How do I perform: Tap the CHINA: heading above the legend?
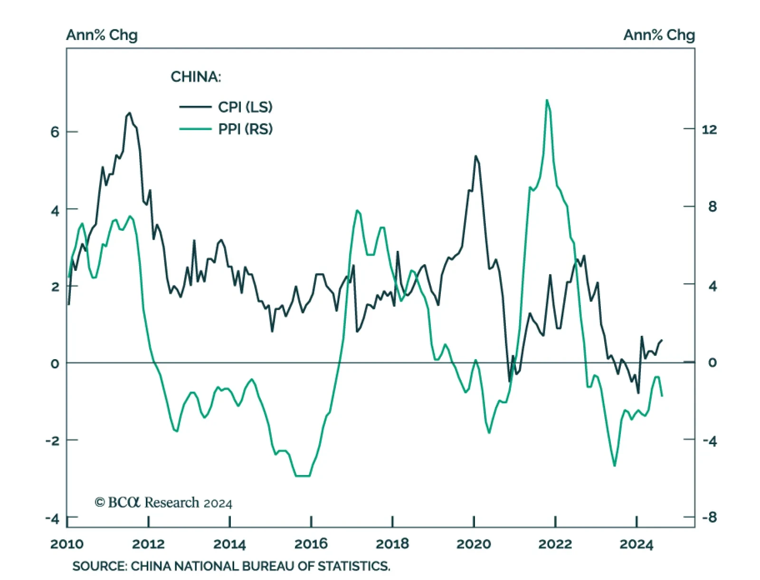196,77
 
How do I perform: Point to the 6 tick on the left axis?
55,132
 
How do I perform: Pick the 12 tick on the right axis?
709,129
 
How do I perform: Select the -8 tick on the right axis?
709,517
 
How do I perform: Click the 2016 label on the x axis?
311,544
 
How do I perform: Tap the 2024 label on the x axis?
636,544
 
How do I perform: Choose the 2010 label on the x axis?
67,544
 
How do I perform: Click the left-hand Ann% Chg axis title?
102,35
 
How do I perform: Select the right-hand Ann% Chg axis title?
659,35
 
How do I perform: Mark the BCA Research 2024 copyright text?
163,503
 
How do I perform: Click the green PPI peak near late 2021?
547,100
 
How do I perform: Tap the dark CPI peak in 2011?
129,113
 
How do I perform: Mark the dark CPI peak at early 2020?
475,156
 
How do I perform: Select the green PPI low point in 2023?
614,466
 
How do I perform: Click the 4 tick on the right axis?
712,286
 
